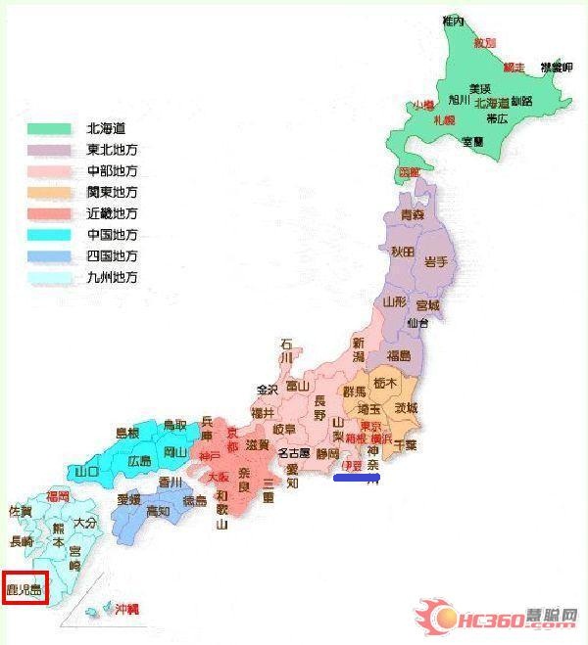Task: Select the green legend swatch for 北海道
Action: tap(49, 128)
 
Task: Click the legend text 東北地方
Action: tap(113, 150)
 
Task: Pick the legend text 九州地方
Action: tap(113, 277)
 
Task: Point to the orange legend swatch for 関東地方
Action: tap(49, 192)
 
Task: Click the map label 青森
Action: tap(413, 213)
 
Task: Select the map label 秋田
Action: tap(403, 252)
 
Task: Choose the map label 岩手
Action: tap(435, 262)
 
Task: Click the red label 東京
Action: tap(370, 426)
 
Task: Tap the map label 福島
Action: tap(399, 355)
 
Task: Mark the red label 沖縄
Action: tap(126, 609)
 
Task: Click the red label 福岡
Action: tap(57, 497)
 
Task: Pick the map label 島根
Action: tap(127, 433)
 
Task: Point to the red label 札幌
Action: tap(444, 119)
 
